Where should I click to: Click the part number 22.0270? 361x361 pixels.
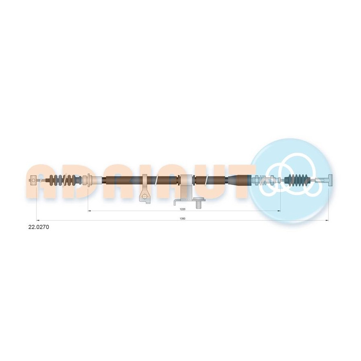[39, 227]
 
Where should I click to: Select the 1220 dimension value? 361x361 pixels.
[183, 209]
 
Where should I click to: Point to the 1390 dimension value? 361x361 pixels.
[183, 219]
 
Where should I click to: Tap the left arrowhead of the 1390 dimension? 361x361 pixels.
[38, 220]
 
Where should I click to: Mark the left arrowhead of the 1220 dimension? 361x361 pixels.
[89, 211]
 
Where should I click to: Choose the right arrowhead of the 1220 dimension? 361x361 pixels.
[279, 211]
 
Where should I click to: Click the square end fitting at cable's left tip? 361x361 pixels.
[34, 180]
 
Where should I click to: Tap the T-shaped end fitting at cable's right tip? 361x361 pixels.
[330, 180]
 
